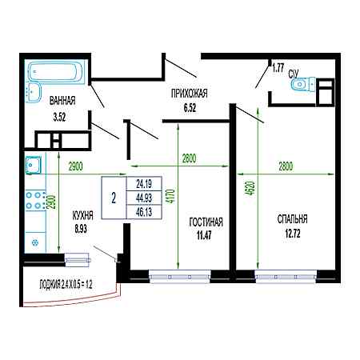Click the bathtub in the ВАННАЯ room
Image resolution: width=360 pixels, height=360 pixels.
point(55,71)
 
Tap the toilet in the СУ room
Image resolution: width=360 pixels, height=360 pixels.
point(302,85)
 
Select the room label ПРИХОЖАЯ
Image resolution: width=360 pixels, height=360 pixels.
point(190,94)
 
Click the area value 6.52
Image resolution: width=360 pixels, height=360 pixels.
point(190,108)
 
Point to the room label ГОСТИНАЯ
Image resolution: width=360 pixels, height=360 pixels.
point(206,222)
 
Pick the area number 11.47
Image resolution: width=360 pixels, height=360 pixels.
point(204,235)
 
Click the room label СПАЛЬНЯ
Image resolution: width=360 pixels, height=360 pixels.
point(292,219)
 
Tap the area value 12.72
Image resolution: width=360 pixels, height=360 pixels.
point(293,234)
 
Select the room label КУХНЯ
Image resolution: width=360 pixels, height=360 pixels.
point(82,215)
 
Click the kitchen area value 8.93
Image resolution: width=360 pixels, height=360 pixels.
point(81,229)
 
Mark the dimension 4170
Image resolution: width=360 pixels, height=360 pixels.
point(172,196)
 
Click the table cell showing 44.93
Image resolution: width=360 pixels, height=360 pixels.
point(144,198)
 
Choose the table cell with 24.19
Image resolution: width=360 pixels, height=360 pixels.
point(144,184)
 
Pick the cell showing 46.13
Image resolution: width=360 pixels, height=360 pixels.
point(144,212)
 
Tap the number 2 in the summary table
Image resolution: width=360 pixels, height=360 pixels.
point(114,198)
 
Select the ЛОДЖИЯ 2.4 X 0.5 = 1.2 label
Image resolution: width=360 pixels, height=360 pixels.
point(66,285)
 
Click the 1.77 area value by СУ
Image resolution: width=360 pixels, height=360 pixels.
point(278,68)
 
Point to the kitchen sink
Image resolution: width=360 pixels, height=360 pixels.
point(34,165)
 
